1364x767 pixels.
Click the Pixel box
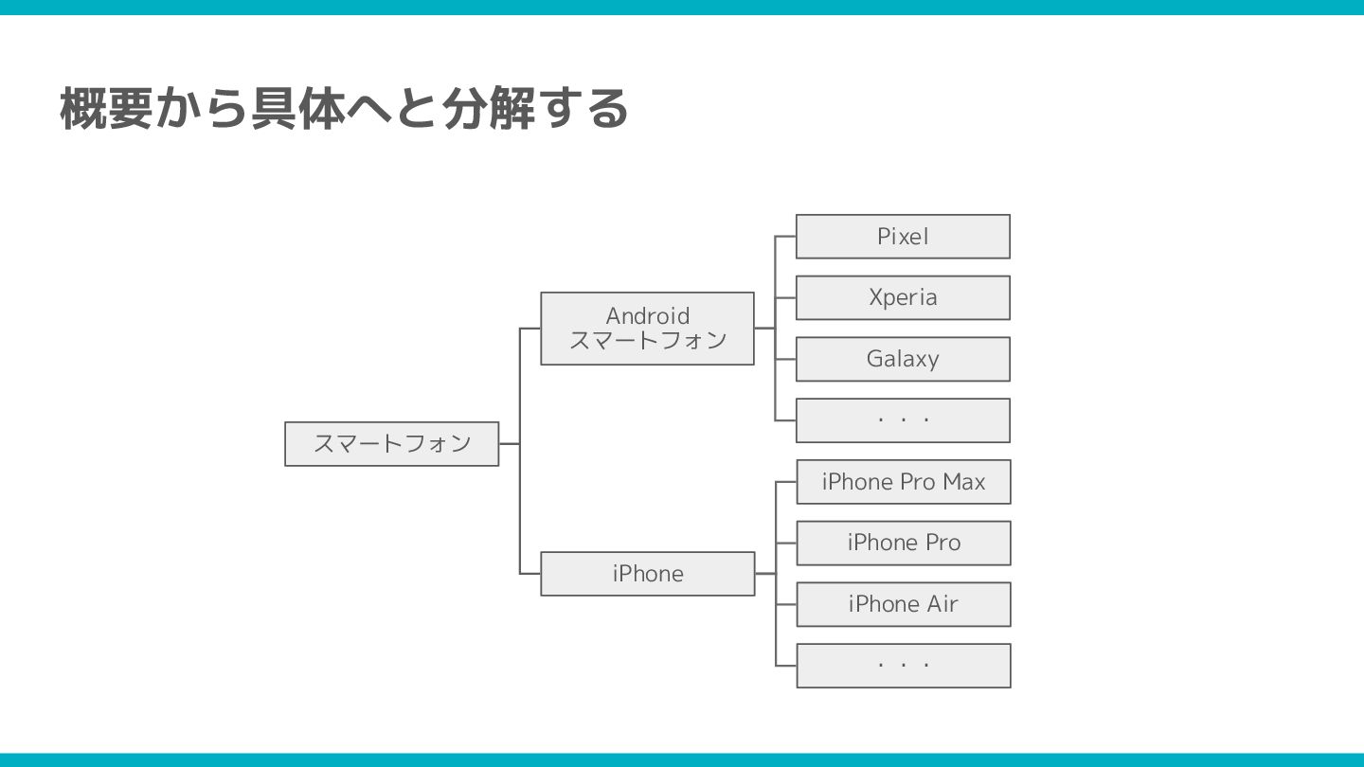pos(903,237)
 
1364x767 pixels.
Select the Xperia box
pos(903,297)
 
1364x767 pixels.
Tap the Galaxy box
pos(903,359)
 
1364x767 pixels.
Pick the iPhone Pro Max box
pos(904,482)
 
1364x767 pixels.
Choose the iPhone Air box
pos(904,604)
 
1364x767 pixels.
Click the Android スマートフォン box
pos(647,329)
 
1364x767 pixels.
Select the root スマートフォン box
pos(391,443)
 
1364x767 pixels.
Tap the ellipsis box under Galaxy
pos(903,420)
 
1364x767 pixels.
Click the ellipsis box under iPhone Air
pos(904,666)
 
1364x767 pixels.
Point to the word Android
pos(648,315)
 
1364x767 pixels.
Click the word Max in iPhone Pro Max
pos(963,482)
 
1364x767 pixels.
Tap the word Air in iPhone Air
pos(942,604)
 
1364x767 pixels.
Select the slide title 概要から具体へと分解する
pos(344,108)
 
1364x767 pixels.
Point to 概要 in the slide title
pos(106,108)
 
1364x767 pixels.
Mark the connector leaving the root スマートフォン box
pos(510,443)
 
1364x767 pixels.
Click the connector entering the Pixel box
pos(785,237)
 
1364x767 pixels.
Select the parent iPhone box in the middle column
pos(648,574)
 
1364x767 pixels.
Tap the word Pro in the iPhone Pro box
pos(942,543)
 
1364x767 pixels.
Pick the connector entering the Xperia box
pos(785,297)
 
